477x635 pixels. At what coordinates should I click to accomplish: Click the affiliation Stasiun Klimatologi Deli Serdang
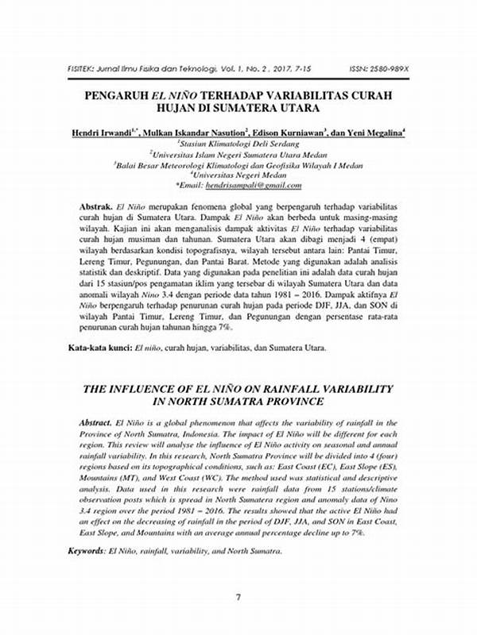click(x=238, y=145)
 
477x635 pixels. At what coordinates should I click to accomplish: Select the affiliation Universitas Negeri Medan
click(x=238, y=175)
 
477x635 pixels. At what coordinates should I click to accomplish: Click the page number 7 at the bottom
click(x=238, y=596)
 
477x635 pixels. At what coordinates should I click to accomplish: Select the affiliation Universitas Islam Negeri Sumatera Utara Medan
click(x=238, y=155)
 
